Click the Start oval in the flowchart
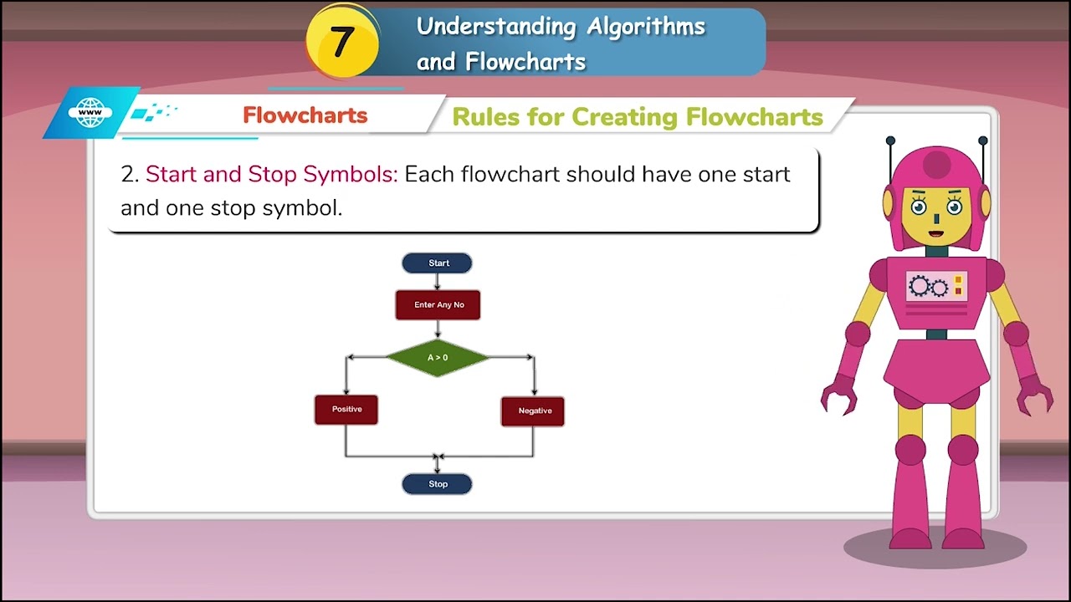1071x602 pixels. point(437,263)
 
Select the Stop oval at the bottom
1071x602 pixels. point(437,484)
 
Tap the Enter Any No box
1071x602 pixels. point(438,305)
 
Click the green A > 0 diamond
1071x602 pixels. point(437,358)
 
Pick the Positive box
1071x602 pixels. point(346,410)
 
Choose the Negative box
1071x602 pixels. point(533,411)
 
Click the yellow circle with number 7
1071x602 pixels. point(341,42)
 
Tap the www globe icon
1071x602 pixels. point(90,113)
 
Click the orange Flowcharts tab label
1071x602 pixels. point(305,115)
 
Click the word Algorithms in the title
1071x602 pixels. point(645,27)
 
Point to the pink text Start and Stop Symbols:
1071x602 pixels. point(271,175)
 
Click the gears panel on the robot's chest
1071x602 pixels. point(937,287)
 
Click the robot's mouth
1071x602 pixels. point(936,233)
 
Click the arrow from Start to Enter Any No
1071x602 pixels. point(437,282)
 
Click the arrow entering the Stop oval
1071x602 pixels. point(437,467)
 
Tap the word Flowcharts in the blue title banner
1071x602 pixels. point(525,62)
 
